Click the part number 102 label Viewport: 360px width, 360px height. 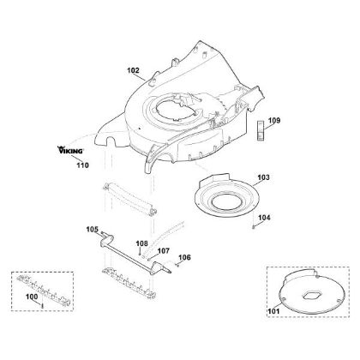pos(133,70)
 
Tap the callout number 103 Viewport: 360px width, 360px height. pos(263,177)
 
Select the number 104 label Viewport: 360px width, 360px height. pos(264,218)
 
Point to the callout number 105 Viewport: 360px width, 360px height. pos(93,230)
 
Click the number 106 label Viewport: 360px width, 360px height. pos(184,257)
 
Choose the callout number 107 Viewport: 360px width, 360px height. pos(164,251)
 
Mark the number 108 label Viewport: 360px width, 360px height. pos(141,243)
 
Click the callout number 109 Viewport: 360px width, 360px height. pos(274,120)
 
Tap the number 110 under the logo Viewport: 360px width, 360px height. pos(82,165)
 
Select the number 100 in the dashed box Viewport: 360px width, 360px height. pos(32,297)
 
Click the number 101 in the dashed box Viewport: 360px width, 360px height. pos(273,311)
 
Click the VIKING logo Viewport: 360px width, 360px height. pos(70,150)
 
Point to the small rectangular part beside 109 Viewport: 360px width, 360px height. pos(261,131)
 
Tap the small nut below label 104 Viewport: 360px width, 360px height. pos(254,227)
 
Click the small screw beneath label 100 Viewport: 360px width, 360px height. pos(42,306)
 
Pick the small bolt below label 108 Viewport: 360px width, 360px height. pos(140,253)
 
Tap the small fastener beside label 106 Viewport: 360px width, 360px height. pos(177,265)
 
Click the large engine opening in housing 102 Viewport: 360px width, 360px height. pos(176,111)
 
